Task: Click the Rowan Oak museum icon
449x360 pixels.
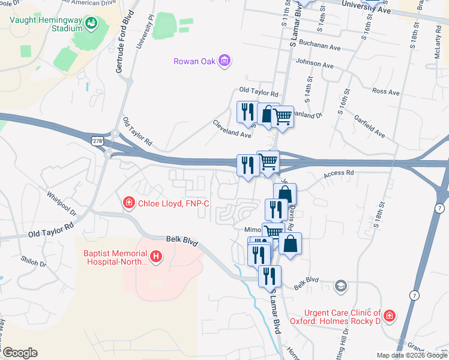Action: (225, 60)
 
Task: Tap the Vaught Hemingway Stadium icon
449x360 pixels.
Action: (91, 23)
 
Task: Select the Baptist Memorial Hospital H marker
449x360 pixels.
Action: (156, 257)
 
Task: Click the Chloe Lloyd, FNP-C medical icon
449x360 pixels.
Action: (128, 203)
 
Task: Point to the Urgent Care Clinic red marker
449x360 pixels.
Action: (390, 316)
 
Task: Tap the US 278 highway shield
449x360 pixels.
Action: (96, 140)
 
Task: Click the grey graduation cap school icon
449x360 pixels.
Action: (341, 285)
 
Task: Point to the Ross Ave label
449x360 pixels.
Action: (385, 92)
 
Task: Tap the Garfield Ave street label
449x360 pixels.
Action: (369, 127)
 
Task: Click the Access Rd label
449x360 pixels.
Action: (339, 173)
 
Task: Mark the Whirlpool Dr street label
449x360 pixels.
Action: (62, 205)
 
